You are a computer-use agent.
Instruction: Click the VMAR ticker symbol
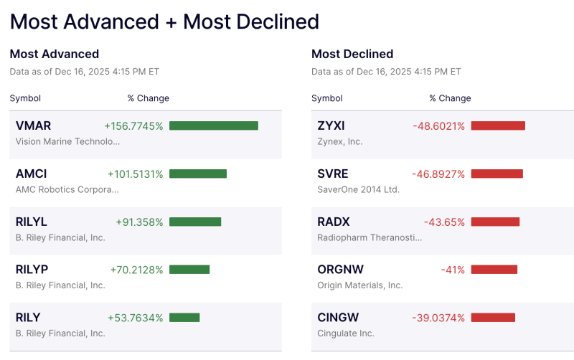pos(33,125)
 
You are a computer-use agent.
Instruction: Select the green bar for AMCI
pos(198,174)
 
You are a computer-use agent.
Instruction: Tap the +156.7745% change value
pos(133,125)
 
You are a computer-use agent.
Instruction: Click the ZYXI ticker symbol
pos(331,125)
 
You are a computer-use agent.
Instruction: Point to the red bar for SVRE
pos(497,174)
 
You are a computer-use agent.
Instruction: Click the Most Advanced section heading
pos(55,54)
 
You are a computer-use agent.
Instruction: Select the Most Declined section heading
pos(352,54)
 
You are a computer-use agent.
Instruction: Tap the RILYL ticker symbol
pos(32,222)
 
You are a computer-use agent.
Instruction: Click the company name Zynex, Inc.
pos(339,141)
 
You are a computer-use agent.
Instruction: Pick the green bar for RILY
pos(184,318)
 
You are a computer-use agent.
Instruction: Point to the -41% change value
pos(453,270)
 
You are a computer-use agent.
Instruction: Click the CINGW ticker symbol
pos(338,318)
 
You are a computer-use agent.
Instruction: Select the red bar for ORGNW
pos(494,270)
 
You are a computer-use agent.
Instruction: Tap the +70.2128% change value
pos(136,270)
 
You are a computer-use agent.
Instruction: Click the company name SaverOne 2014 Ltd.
pos(358,189)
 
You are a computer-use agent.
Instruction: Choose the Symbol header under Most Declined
pos(327,98)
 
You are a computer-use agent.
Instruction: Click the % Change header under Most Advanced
pos(148,98)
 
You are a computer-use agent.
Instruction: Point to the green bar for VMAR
pos(214,125)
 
